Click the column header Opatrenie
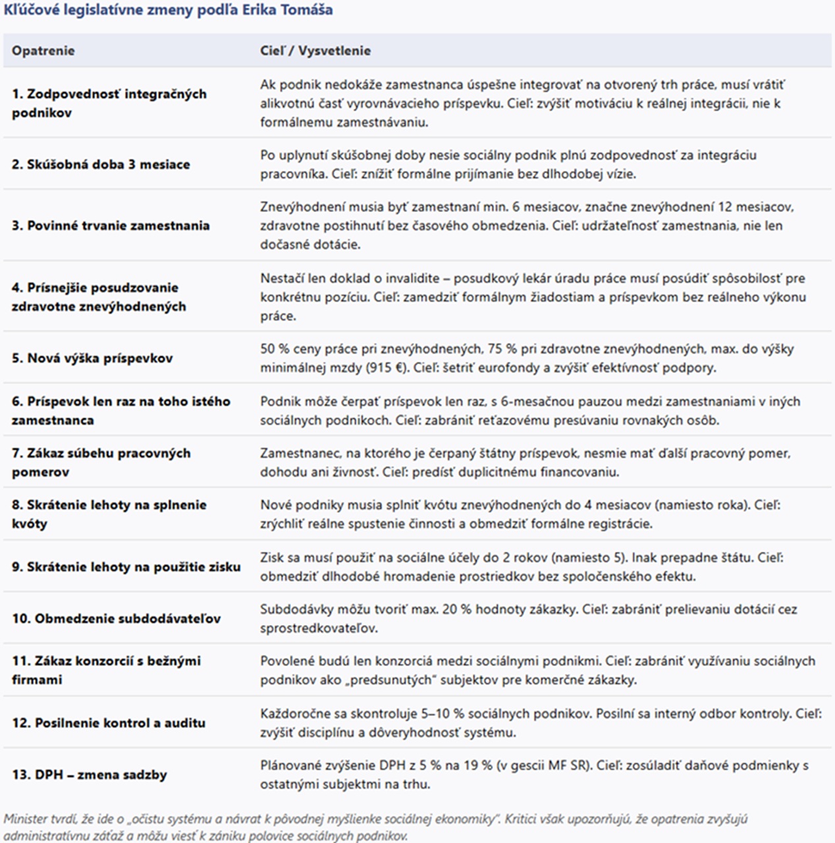click(x=43, y=51)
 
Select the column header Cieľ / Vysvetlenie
click(x=315, y=51)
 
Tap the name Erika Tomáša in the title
click(x=290, y=9)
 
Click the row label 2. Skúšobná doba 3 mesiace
click(x=100, y=164)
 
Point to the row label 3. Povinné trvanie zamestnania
click(x=110, y=225)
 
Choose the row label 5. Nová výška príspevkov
click(x=92, y=358)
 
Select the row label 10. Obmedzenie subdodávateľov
click(x=116, y=618)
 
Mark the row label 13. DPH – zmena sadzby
click(x=89, y=775)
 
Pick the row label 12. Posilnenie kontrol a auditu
click(x=109, y=722)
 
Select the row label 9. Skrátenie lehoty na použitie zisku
click(x=126, y=566)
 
